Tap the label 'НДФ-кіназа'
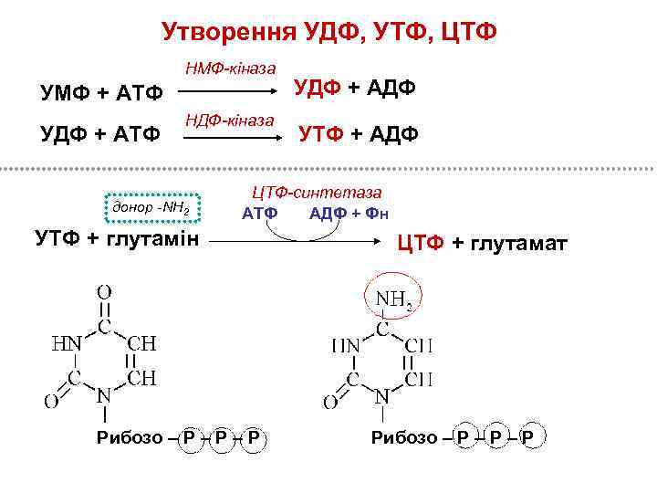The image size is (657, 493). tap(230, 120)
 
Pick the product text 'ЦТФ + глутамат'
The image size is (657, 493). tap(481, 245)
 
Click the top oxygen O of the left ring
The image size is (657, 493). tap(105, 294)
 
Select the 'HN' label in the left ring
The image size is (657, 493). tap(66, 343)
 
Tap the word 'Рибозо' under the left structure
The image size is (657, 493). tap(134, 438)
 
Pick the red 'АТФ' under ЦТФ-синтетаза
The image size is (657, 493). tap(258, 215)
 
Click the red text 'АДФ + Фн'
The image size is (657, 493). tap(349, 215)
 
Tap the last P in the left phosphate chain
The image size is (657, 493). tap(253, 438)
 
